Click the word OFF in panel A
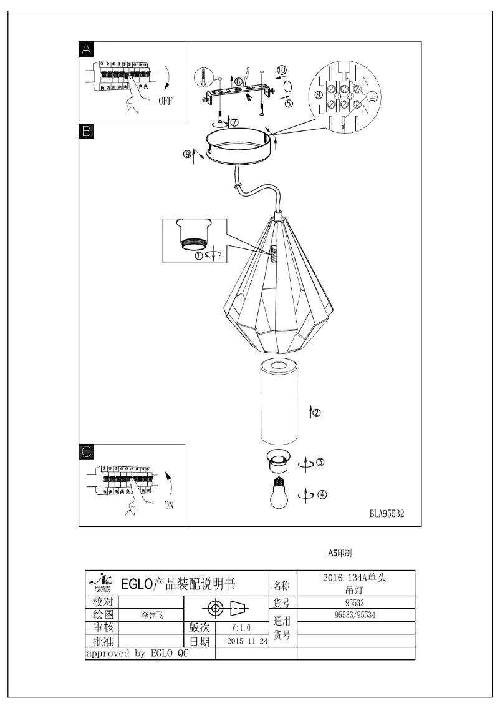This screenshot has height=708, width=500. point(165,101)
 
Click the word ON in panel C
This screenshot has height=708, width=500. point(168,505)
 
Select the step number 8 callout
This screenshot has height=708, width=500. point(319,95)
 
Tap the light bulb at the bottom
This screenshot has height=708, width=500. point(279,496)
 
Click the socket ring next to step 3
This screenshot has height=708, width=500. point(278,462)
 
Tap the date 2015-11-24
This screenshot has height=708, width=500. point(248,641)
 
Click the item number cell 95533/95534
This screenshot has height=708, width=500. point(355,614)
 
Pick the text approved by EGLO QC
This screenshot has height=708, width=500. point(137,654)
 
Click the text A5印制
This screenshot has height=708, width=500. point(341,553)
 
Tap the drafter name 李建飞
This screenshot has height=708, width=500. point(152,615)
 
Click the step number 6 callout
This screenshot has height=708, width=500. point(238,82)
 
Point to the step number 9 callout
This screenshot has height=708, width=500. point(187,155)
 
